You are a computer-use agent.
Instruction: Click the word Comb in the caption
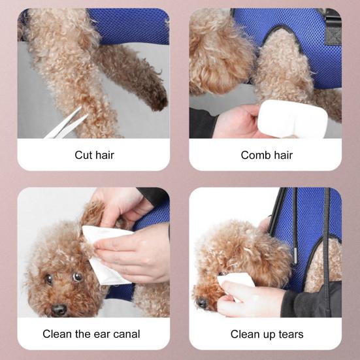[x=255, y=155]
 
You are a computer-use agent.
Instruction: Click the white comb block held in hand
[x=292, y=118]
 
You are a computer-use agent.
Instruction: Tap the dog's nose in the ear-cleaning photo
[x=59, y=309]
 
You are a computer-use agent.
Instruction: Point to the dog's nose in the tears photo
[x=203, y=303]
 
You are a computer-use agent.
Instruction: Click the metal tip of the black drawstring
[x=296, y=255]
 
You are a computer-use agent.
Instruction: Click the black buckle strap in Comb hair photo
[x=333, y=27]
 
